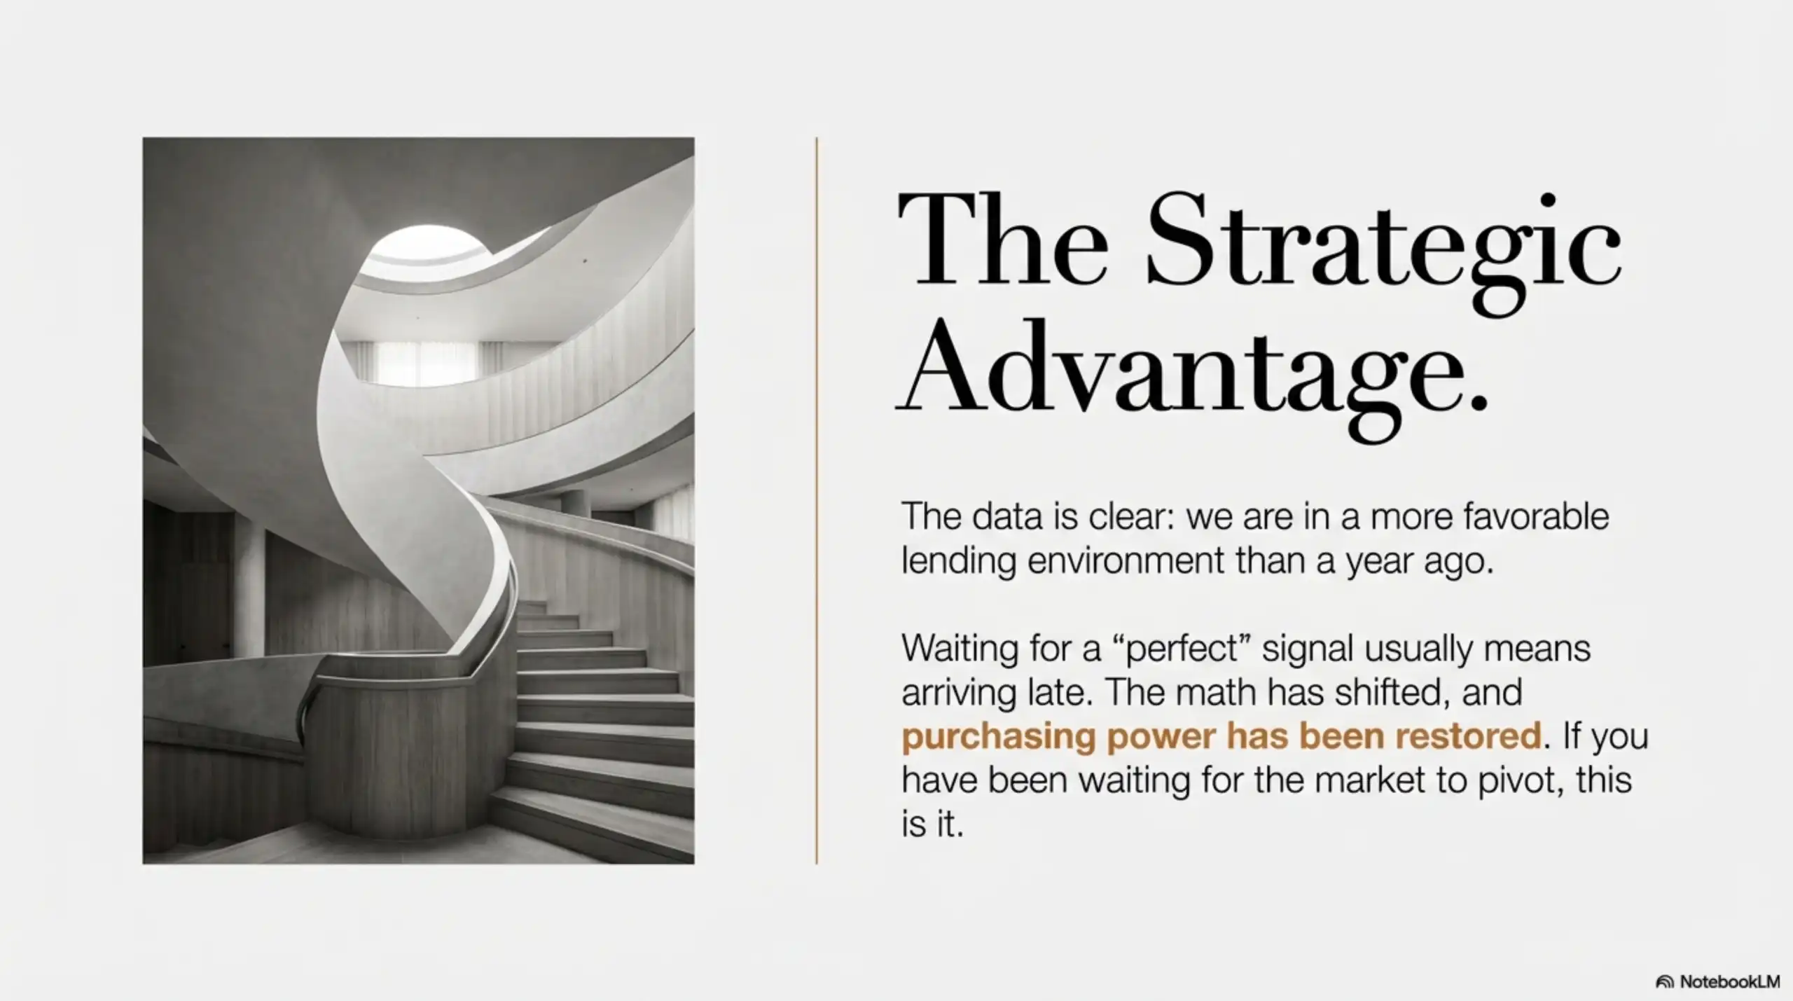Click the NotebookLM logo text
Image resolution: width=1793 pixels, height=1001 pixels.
1729,981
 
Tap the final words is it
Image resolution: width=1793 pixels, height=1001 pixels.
932,824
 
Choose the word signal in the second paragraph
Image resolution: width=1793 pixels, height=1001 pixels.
1307,649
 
